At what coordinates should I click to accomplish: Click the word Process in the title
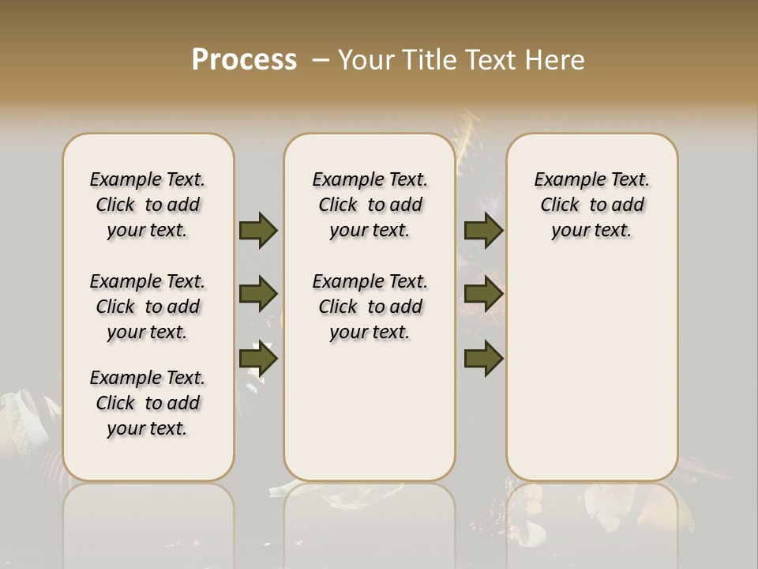click(244, 60)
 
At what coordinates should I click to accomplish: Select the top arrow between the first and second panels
click(258, 230)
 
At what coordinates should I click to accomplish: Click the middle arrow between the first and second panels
click(258, 294)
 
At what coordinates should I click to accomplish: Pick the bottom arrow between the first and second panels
click(258, 359)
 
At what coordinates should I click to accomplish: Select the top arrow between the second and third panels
click(483, 230)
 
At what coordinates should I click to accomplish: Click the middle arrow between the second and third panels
click(483, 294)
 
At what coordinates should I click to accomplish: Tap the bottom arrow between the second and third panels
click(483, 359)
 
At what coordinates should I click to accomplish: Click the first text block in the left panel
click(148, 205)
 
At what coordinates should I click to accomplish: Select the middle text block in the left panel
click(148, 307)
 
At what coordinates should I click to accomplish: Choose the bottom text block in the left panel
click(148, 403)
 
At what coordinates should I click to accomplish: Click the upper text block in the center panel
click(370, 205)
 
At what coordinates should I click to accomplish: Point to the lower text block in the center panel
click(370, 307)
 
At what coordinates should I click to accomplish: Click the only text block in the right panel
click(591, 205)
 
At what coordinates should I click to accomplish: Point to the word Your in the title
click(363, 60)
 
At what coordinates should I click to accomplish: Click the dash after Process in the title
click(320, 60)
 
